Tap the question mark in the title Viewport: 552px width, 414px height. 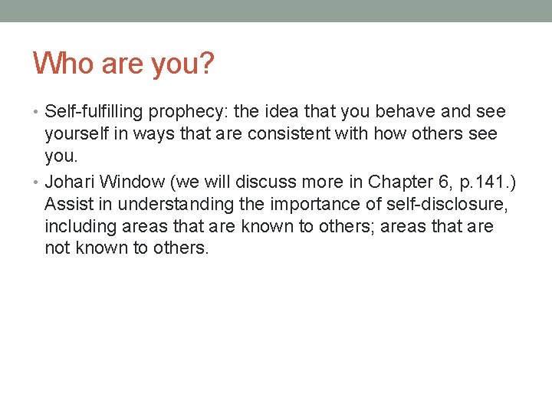coord(205,64)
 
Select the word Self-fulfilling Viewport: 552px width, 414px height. coord(94,112)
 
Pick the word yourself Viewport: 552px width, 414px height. coord(75,134)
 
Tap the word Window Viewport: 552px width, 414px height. coord(127,182)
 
